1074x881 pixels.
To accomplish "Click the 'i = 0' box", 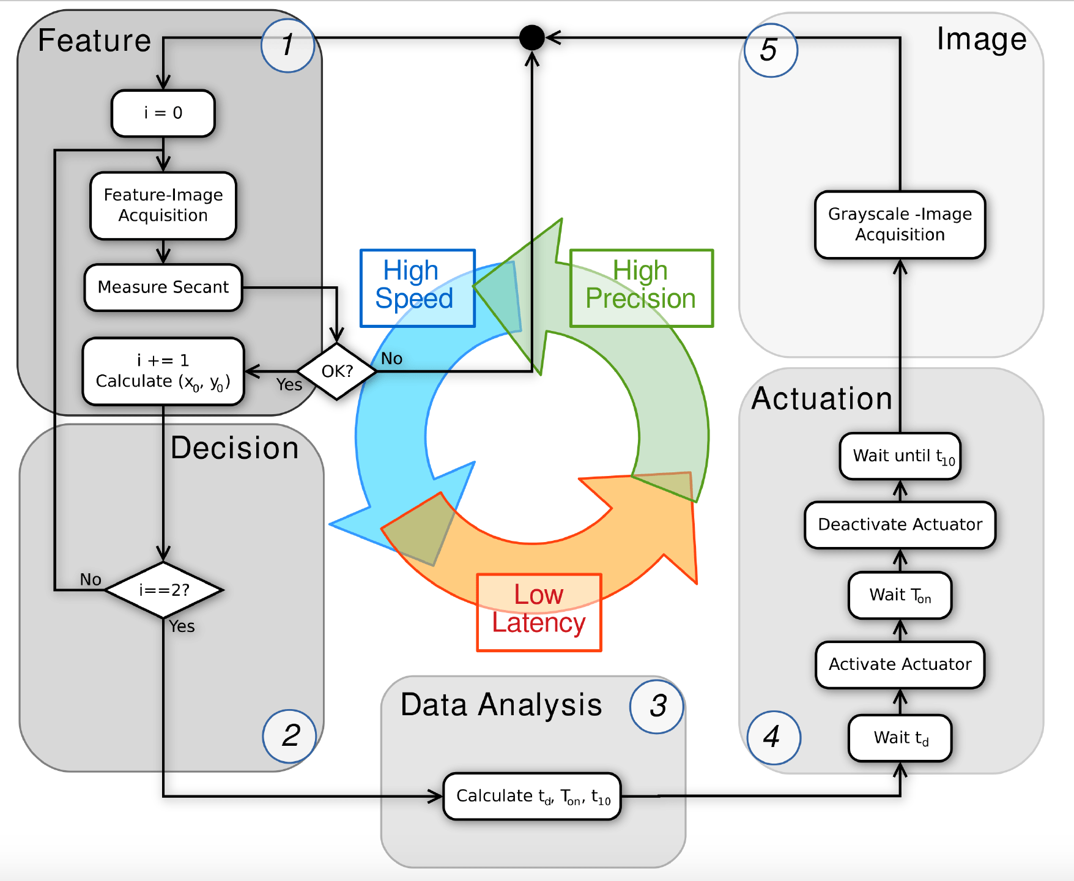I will click(163, 113).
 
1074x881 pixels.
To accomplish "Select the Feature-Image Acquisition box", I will click(163, 206).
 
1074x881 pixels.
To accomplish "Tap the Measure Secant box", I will click(163, 288).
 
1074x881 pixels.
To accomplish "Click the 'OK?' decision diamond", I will click(337, 371).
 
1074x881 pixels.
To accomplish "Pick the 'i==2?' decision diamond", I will click(164, 590).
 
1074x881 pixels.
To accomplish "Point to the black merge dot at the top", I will click(531, 38).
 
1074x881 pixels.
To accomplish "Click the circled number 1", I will click(287, 45).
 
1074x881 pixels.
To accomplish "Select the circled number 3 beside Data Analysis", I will click(657, 706).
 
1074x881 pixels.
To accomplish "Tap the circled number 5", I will click(770, 50).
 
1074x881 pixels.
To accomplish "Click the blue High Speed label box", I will click(417, 288).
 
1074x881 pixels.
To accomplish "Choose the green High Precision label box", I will click(641, 288).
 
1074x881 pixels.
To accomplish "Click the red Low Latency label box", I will click(539, 612).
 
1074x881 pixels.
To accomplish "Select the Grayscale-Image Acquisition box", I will click(900, 225).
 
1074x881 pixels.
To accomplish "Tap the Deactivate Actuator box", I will click(900, 525).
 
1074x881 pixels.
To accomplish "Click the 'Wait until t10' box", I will click(900, 456).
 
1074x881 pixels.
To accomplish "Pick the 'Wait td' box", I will click(900, 738).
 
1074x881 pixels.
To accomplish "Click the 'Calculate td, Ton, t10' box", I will click(532, 796).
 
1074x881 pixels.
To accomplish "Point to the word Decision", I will click(235, 448).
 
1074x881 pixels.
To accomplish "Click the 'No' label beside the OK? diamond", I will click(391, 359).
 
